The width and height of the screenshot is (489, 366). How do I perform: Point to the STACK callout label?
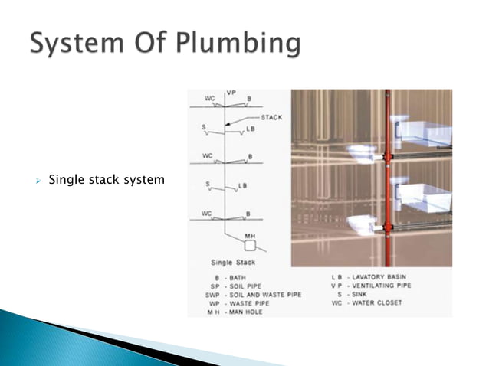tap(271, 118)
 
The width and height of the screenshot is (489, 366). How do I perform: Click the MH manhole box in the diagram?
tap(250, 246)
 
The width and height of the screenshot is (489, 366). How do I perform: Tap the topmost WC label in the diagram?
tap(206, 99)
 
